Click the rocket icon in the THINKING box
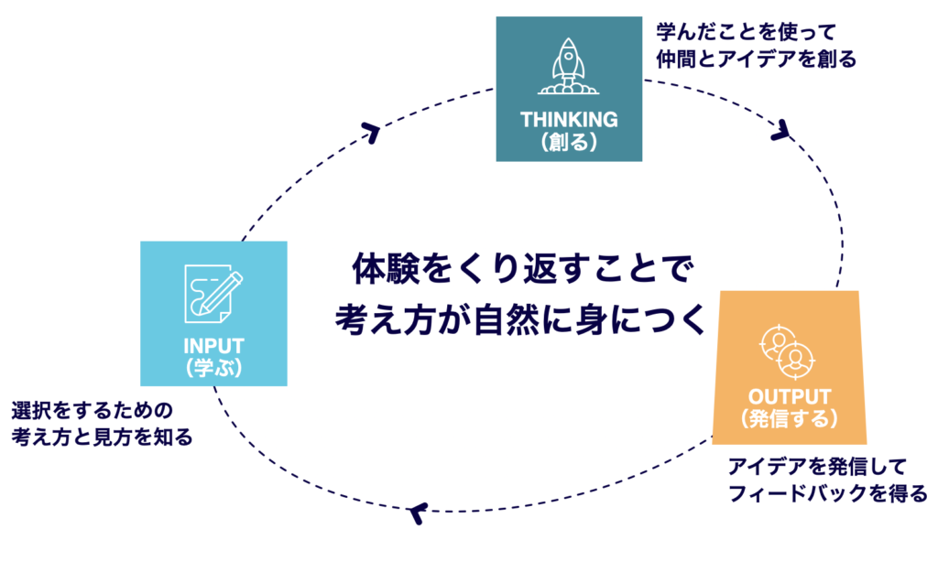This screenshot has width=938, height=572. [x=569, y=66]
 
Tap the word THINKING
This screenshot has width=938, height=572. [x=569, y=120]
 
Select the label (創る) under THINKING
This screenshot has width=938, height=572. [x=569, y=142]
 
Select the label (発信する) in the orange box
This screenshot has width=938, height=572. [x=789, y=419]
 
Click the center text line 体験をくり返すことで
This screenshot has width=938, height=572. [x=518, y=271]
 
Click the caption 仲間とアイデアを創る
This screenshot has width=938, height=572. [x=756, y=59]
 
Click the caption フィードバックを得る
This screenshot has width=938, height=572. [x=828, y=494]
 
